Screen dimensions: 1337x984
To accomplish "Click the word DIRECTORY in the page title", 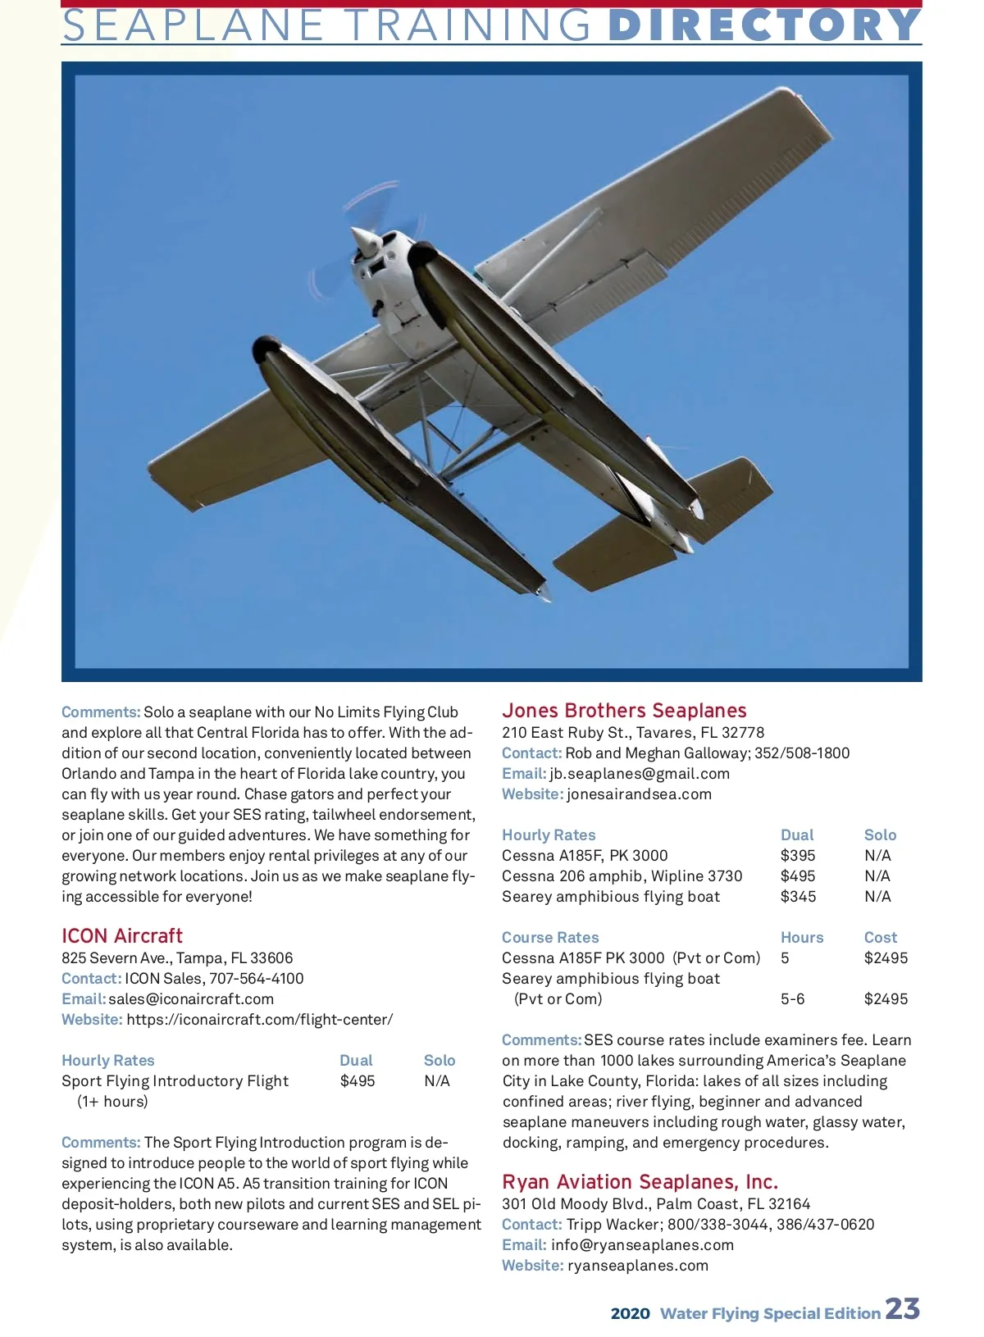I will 764,25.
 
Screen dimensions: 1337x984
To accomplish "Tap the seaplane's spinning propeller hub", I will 365,241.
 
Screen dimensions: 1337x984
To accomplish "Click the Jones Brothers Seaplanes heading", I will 624,711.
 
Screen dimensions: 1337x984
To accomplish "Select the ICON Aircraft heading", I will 122,936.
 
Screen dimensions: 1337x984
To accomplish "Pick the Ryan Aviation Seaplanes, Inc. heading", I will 640,1182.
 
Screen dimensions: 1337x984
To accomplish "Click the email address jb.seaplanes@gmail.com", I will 640,774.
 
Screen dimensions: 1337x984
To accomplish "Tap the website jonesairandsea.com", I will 639,794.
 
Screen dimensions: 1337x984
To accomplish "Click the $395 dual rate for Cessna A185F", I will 798,856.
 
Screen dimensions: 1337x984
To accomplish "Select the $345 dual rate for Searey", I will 798,897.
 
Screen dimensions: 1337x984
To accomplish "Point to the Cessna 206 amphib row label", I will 622,876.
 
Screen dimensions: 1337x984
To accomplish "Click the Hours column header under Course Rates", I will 802,938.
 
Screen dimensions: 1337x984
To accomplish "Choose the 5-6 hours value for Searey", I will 792,999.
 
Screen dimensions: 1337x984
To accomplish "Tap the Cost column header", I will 881,938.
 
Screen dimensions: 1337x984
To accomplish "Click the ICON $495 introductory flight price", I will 358,1081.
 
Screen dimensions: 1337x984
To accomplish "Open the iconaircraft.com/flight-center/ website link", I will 259,1020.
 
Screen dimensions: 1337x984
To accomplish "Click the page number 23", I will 902,1309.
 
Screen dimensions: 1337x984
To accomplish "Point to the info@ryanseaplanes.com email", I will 642,1245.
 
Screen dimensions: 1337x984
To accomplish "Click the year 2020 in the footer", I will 630,1314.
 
